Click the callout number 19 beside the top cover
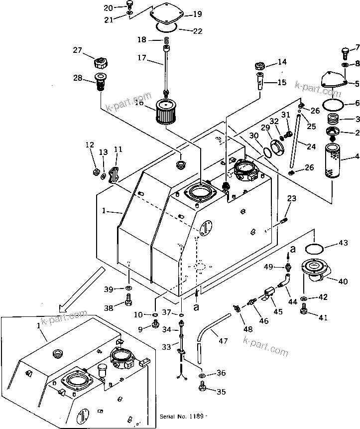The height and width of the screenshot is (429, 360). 184,14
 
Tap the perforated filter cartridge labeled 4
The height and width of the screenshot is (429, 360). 331,160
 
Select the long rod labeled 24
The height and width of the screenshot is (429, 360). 298,142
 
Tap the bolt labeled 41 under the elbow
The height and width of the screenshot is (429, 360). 304,311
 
